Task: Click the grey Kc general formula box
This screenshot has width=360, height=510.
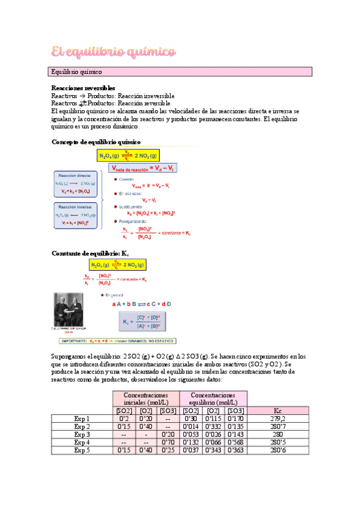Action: coord(144,322)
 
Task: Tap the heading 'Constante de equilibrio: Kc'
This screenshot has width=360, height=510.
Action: coord(90,253)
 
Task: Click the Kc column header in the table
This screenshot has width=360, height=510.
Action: coord(278,411)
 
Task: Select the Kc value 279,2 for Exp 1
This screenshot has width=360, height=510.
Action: coord(278,419)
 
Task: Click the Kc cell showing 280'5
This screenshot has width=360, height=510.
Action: coord(278,442)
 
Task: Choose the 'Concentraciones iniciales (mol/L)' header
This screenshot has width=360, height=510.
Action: coord(145,398)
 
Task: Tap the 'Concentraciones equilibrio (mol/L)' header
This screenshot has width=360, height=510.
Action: coord(213,398)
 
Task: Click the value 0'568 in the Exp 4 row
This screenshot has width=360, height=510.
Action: coord(236,442)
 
